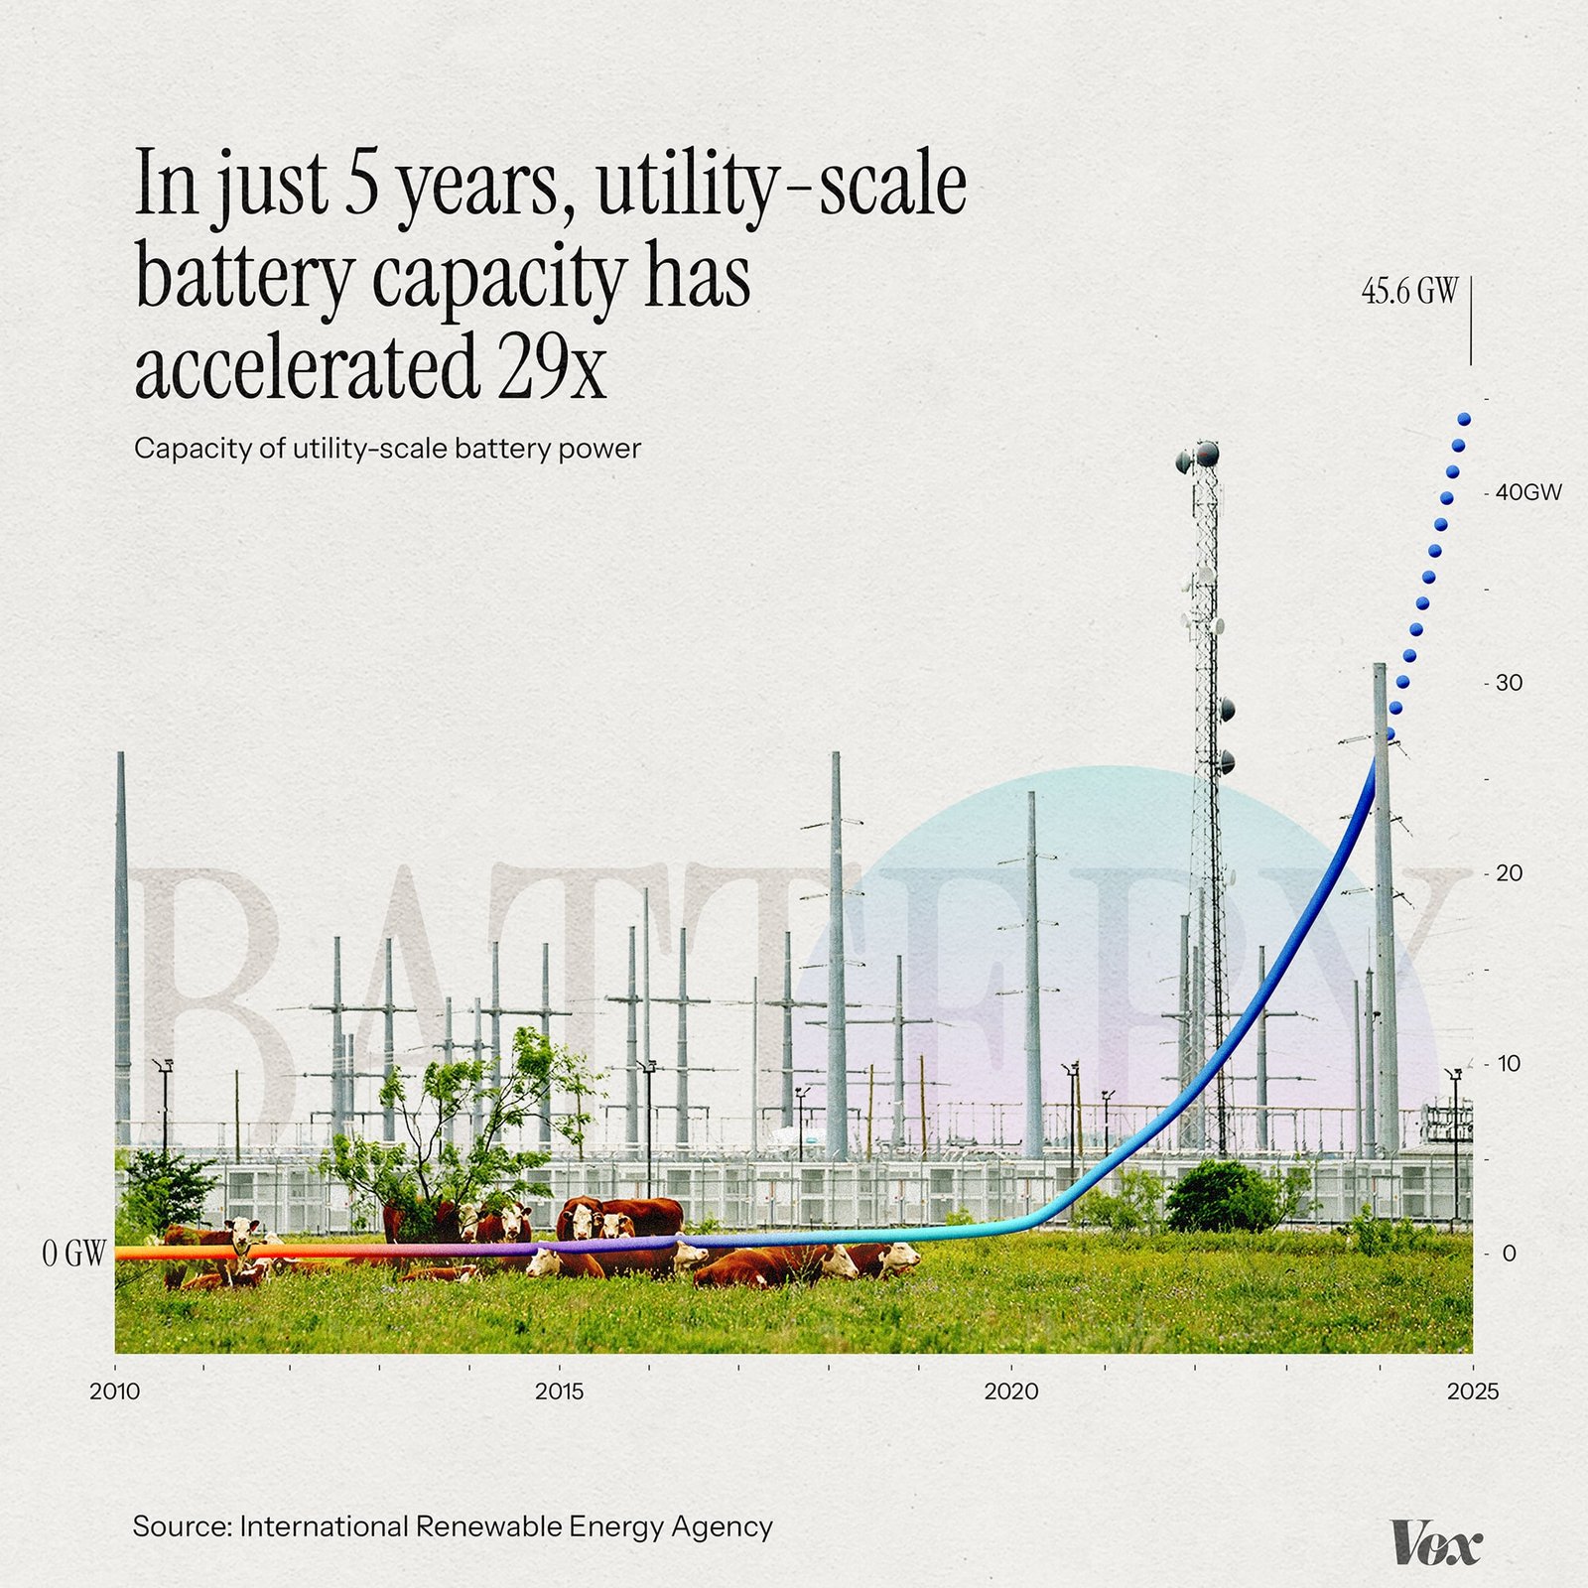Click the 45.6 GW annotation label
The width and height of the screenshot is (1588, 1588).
point(1409,292)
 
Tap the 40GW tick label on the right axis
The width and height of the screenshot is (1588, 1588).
point(1528,492)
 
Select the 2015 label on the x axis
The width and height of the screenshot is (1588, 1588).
point(560,1391)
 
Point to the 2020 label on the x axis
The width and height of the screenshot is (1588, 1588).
point(1010,1391)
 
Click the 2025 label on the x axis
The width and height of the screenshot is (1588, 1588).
point(1472,1391)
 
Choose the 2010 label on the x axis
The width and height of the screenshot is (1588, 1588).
point(115,1391)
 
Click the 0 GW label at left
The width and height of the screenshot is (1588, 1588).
point(73,1254)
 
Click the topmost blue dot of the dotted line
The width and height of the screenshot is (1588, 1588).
point(1464,419)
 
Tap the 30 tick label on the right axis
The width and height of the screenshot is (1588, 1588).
point(1509,683)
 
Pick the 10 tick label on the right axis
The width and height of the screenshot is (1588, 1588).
point(1509,1064)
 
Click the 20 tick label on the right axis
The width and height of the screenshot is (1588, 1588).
point(1509,873)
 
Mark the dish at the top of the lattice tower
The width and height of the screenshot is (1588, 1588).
point(1206,455)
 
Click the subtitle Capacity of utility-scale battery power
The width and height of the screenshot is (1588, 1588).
point(387,449)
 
